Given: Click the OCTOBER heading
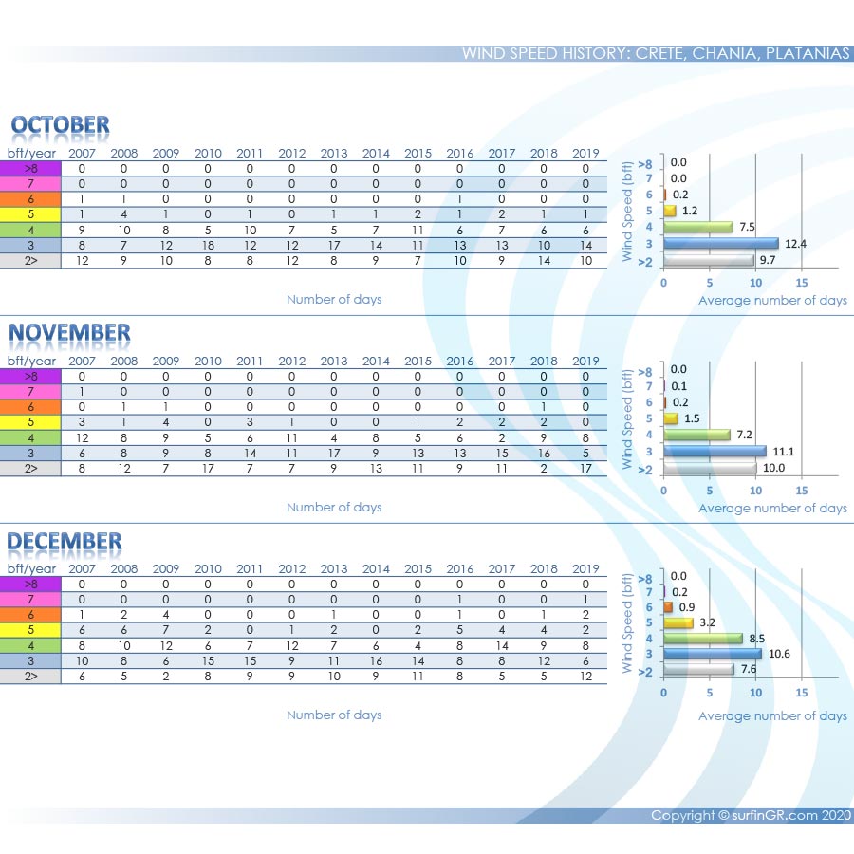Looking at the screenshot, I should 60,125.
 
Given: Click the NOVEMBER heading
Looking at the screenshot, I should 69,333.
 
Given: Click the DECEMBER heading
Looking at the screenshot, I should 65,542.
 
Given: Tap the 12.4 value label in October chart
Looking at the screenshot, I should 794,243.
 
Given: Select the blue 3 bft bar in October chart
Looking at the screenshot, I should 720,243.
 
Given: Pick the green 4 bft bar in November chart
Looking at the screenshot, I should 696,435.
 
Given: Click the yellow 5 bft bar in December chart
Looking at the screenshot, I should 678,622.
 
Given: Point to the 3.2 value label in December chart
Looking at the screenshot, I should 708,622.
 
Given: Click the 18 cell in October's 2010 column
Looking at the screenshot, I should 208,245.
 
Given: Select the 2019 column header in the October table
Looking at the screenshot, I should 586,153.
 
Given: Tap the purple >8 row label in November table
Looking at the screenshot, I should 30,376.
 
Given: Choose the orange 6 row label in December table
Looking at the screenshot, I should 30,614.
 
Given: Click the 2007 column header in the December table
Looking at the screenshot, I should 82,568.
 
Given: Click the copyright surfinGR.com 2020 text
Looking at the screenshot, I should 751,815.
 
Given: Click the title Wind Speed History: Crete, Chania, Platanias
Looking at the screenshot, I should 656,53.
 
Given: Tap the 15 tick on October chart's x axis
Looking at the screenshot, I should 801,283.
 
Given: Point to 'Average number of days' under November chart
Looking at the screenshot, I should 772,508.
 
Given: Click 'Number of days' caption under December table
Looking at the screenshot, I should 334,715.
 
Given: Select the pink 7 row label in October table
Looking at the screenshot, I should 30,183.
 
